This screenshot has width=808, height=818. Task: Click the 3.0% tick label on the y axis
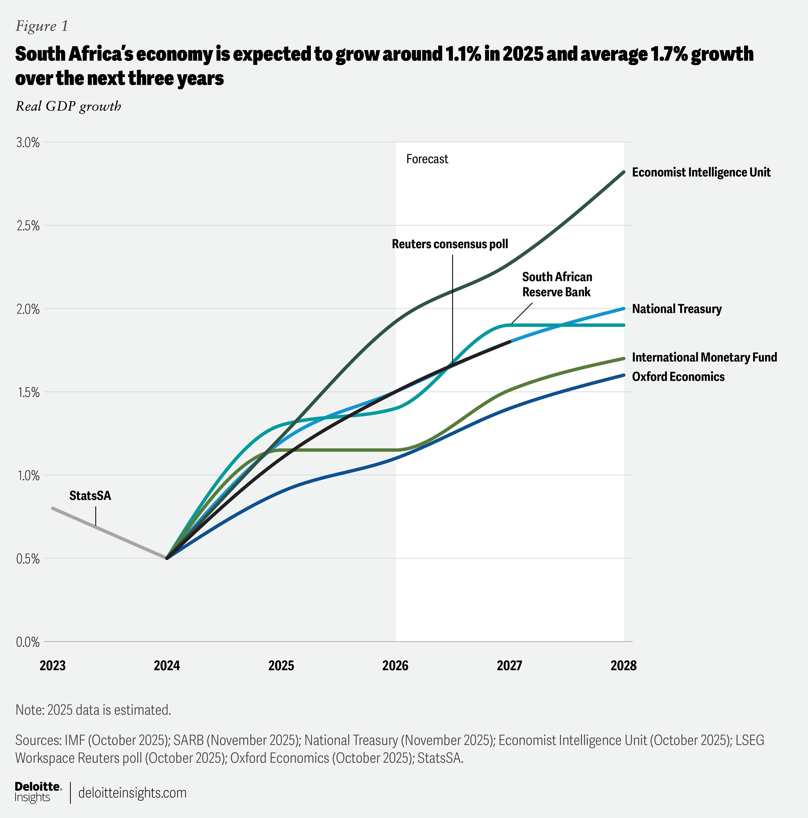point(27,143)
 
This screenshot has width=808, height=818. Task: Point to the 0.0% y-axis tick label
point(27,642)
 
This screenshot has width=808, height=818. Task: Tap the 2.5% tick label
point(27,225)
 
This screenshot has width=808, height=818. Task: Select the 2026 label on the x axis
point(395,666)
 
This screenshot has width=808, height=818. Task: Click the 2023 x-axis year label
point(52,666)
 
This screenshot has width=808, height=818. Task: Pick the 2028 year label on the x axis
point(623,666)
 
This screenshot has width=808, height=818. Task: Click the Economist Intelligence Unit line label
point(701,172)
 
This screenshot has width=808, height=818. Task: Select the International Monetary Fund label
point(704,357)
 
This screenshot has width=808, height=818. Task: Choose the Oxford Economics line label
point(678,377)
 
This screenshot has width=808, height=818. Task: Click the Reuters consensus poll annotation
point(450,244)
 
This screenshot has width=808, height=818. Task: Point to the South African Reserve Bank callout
point(557,285)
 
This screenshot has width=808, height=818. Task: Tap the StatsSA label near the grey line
point(90,496)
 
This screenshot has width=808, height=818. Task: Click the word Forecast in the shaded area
point(427,159)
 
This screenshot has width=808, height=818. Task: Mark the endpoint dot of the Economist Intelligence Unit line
point(623,172)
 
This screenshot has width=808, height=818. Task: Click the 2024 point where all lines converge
point(167,558)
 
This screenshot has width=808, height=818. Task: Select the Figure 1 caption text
point(42,26)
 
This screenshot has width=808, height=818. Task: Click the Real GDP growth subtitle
point(68,106)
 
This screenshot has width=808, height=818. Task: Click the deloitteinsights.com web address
point(132,793)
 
